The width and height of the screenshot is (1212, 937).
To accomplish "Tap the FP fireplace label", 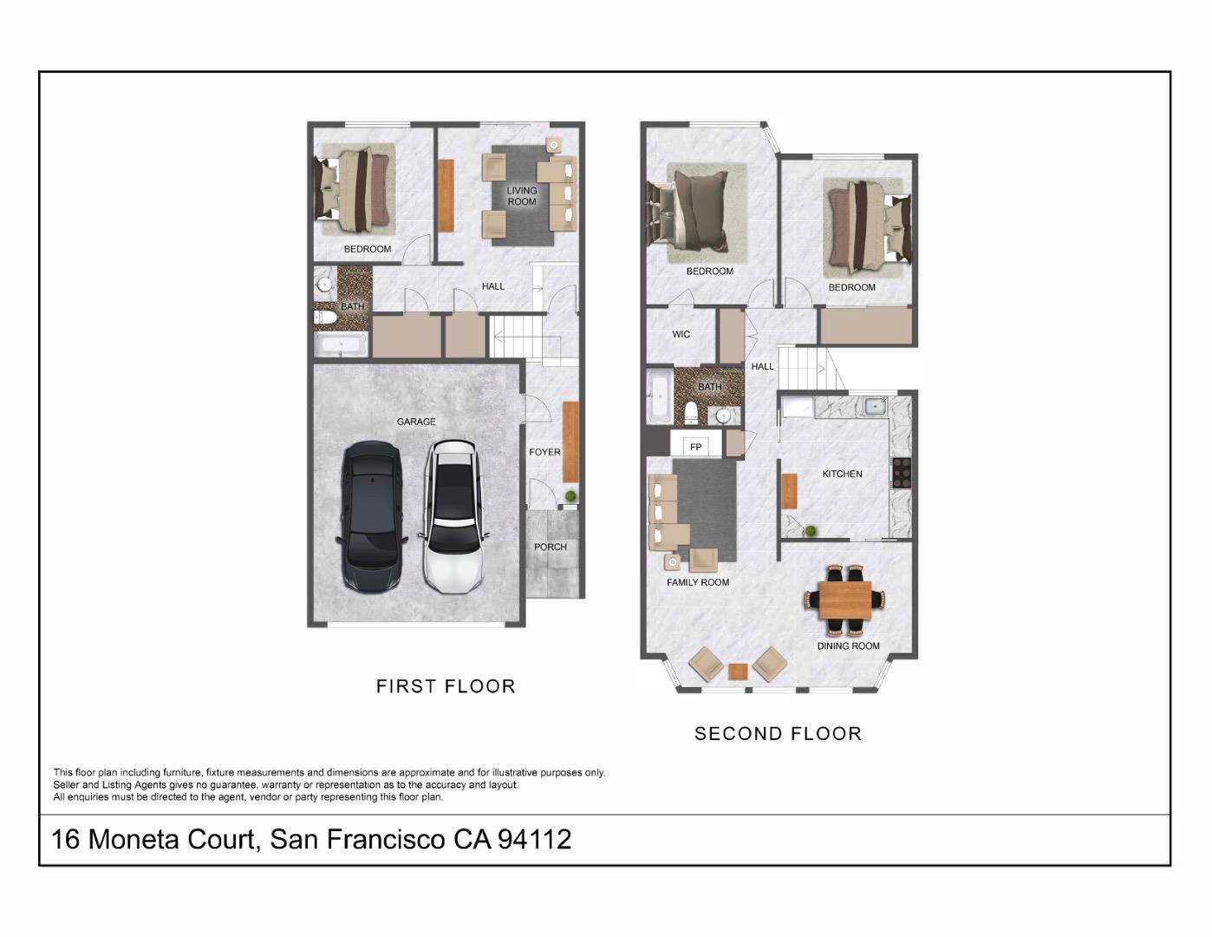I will click(695, 447).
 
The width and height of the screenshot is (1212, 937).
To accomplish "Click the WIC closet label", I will click(681, 334).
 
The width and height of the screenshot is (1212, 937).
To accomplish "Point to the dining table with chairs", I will click(845, 599).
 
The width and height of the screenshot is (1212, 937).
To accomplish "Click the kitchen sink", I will click(875, 405).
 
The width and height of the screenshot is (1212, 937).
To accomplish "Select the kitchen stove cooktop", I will click(902, 473).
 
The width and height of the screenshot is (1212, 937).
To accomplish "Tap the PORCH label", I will click(551, 547).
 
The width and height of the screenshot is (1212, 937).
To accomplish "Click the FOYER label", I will click(544, 452).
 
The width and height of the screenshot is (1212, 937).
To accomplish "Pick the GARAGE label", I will click(416, 422).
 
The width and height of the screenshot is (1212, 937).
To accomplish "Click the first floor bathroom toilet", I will click(325, 318).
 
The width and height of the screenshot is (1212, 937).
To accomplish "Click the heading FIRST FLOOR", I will click(446, 686).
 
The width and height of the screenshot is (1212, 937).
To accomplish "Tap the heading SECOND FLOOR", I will click(778, 734).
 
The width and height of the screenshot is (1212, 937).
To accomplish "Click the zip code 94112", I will click(534, 839).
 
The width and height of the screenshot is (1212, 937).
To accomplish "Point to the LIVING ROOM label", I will click(522, 196).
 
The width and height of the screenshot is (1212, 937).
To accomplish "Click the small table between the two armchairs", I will click(738, 671).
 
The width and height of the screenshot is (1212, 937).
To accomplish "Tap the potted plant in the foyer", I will click(570, 496).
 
